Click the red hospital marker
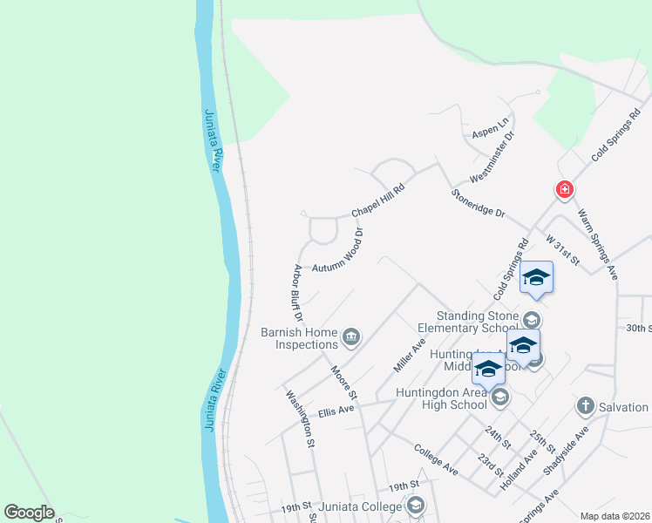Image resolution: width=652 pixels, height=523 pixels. tap(565, 189)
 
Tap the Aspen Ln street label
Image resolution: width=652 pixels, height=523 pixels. tap(489, 130)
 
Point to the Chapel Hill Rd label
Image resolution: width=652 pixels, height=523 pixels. tap(378, 200)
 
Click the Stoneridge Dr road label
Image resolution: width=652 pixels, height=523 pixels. tap(478, 204)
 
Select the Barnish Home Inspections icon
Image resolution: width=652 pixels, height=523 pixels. tap(351, 336)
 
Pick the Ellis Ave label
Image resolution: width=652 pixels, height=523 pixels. tap(336, 410)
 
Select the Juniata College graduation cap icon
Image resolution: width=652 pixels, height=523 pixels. tap(416, 506)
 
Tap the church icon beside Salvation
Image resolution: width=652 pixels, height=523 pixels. tap(585, 406)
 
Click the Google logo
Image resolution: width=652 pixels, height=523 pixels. tap(29, 513)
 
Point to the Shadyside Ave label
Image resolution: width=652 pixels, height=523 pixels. tap(566, 450)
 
